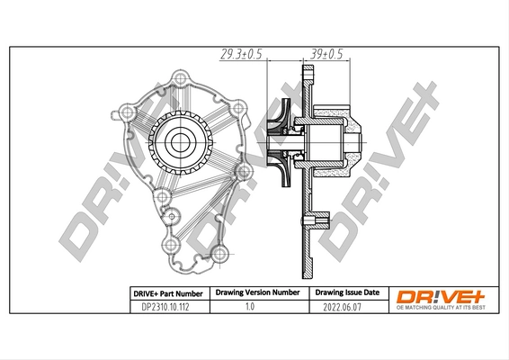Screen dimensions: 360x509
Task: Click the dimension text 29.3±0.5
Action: pos(239,54)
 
